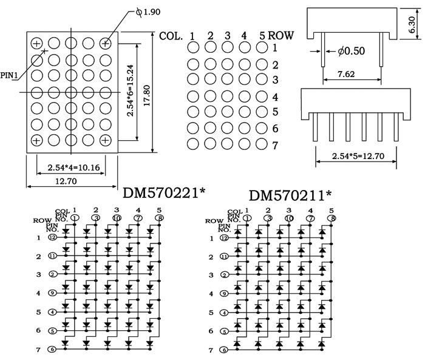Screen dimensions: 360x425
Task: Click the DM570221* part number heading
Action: [x=164, y=193]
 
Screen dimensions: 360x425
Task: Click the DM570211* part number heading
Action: [x=290, y=195]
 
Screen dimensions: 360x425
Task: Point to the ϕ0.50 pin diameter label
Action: [x=351, y=51]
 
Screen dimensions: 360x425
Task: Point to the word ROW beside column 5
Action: [x=280, y=35]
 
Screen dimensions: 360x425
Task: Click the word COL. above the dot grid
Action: [x=171, y=35]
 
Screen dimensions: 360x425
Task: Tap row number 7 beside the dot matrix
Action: [x=275, y=146]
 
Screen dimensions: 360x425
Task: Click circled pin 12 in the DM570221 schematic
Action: [x=53, y=238]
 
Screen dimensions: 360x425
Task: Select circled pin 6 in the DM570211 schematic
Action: [x=224, y=350]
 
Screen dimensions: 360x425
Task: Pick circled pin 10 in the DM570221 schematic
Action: [x=117, y=217]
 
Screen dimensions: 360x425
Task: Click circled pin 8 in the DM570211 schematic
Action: [x=331, y=217]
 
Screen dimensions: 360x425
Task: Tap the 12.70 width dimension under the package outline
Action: [x=72, y=180]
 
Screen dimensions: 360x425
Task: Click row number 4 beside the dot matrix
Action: [x=275, y=97]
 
